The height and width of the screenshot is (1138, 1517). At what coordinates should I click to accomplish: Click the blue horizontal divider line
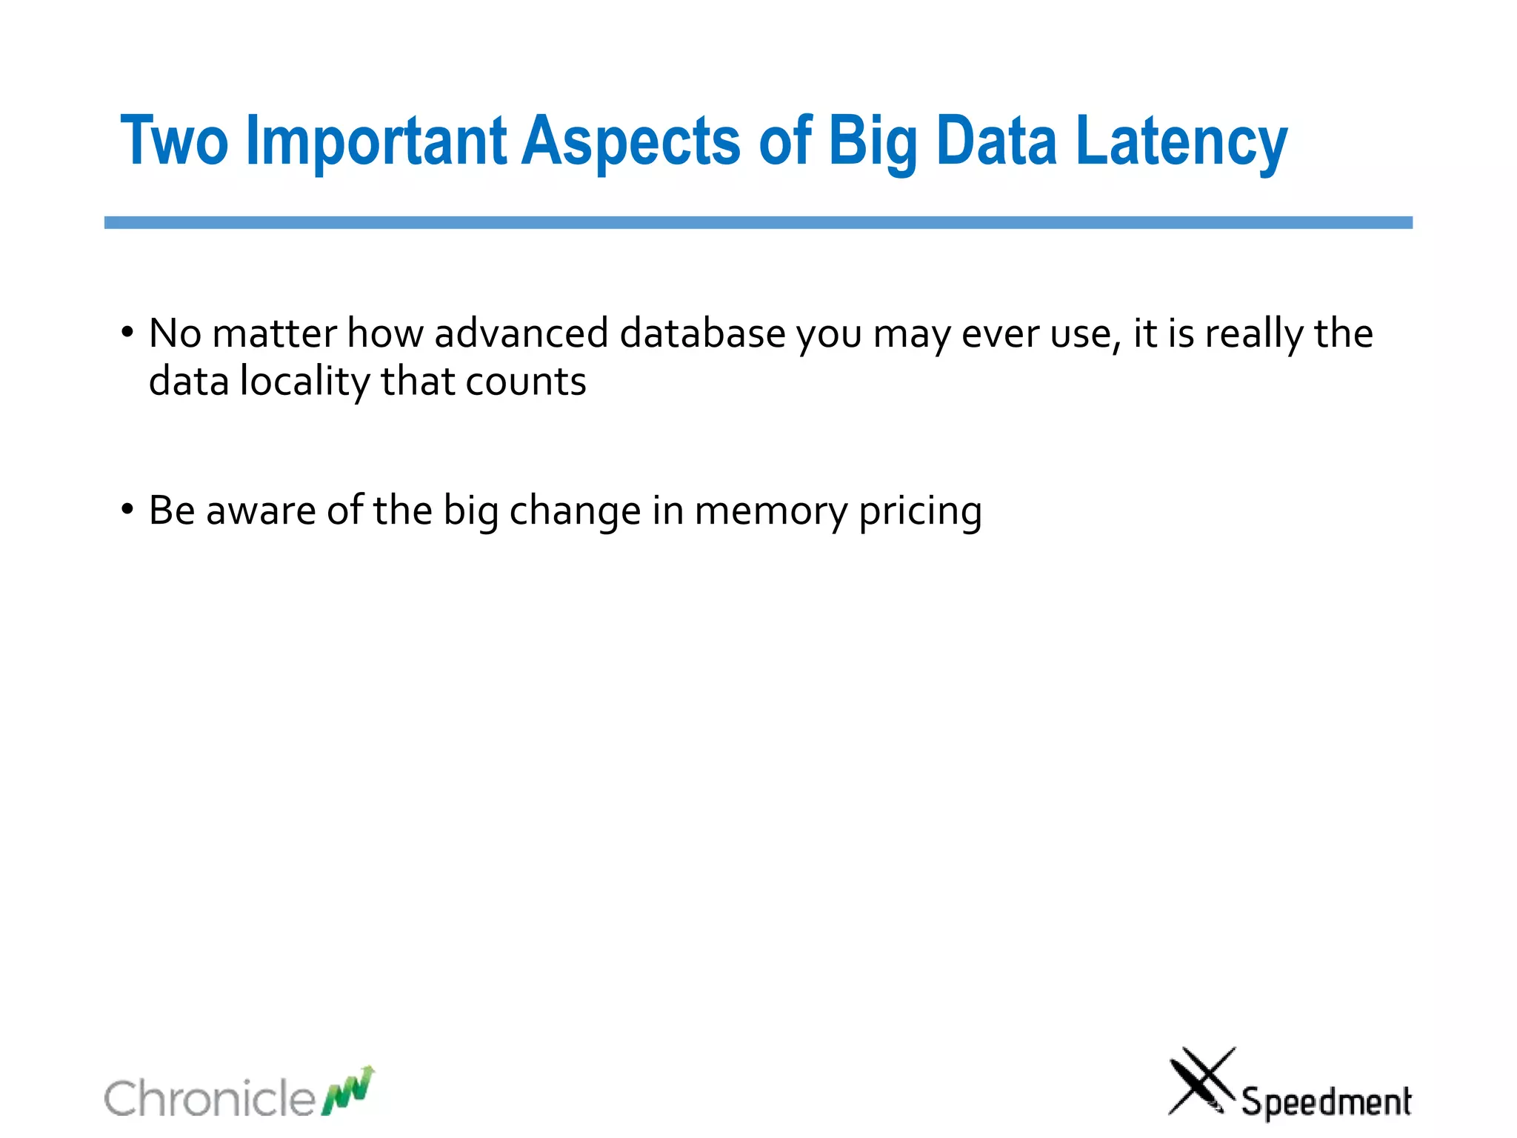point(758,222)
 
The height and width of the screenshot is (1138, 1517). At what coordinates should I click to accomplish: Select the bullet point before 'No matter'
point(127,333)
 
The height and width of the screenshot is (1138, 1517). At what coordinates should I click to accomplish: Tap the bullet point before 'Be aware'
point(127,510)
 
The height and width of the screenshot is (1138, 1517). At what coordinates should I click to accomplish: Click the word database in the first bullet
point(702,333)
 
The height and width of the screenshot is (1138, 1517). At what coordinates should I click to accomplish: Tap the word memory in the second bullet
point(770,511)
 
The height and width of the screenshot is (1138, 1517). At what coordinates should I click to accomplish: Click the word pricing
point(920,511)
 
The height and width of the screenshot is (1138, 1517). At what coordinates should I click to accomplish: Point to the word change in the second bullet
point(575,511)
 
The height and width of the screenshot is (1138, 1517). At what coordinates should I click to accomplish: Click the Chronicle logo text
point(210,1098)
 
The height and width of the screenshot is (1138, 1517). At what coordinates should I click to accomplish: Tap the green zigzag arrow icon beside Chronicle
point(348,1091)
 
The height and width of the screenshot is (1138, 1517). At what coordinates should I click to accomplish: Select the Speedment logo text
point(1326,1102)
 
